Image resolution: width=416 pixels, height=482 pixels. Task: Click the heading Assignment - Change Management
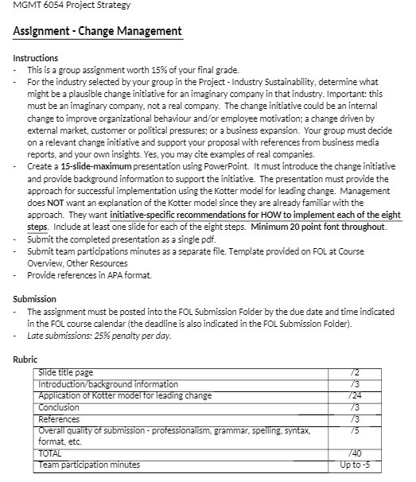tap(97, 32)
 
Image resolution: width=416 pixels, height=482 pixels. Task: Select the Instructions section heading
tap(36, 58)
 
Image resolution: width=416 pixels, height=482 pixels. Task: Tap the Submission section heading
tap(35, 300)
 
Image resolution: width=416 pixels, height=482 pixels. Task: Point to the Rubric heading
tap(25, 360)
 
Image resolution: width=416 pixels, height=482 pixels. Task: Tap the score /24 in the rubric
tap(354, 395)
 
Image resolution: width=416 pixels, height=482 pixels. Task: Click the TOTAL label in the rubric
tap(51, 453)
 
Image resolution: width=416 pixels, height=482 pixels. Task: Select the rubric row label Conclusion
tap(60, 407)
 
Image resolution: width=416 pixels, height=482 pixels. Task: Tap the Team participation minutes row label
tap(89, 465)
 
